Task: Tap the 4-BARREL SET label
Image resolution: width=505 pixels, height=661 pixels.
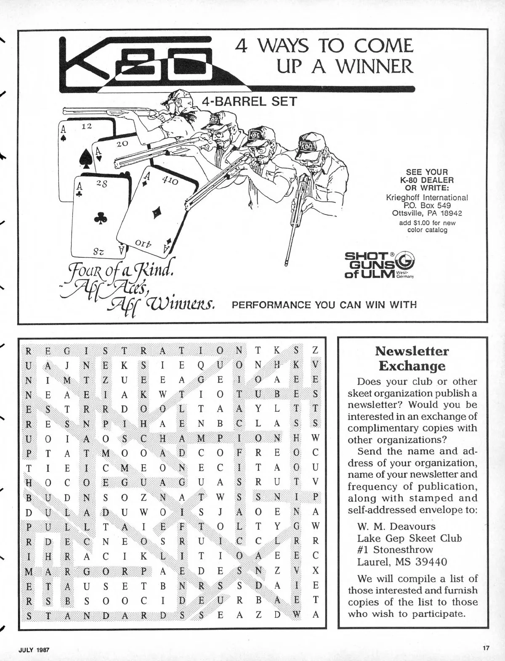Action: point(250,102)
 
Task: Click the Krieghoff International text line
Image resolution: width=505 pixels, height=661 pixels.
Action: point(427,197)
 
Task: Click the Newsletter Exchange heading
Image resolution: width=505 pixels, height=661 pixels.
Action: point(412,358)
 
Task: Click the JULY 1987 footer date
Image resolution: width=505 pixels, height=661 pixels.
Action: point(34,649)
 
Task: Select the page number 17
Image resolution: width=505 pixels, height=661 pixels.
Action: point(486,648)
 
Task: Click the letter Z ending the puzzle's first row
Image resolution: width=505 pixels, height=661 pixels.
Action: point(315,350)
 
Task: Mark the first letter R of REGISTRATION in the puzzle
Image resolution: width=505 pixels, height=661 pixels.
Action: point(29,350)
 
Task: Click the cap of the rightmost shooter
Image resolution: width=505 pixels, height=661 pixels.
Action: point(311,143)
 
